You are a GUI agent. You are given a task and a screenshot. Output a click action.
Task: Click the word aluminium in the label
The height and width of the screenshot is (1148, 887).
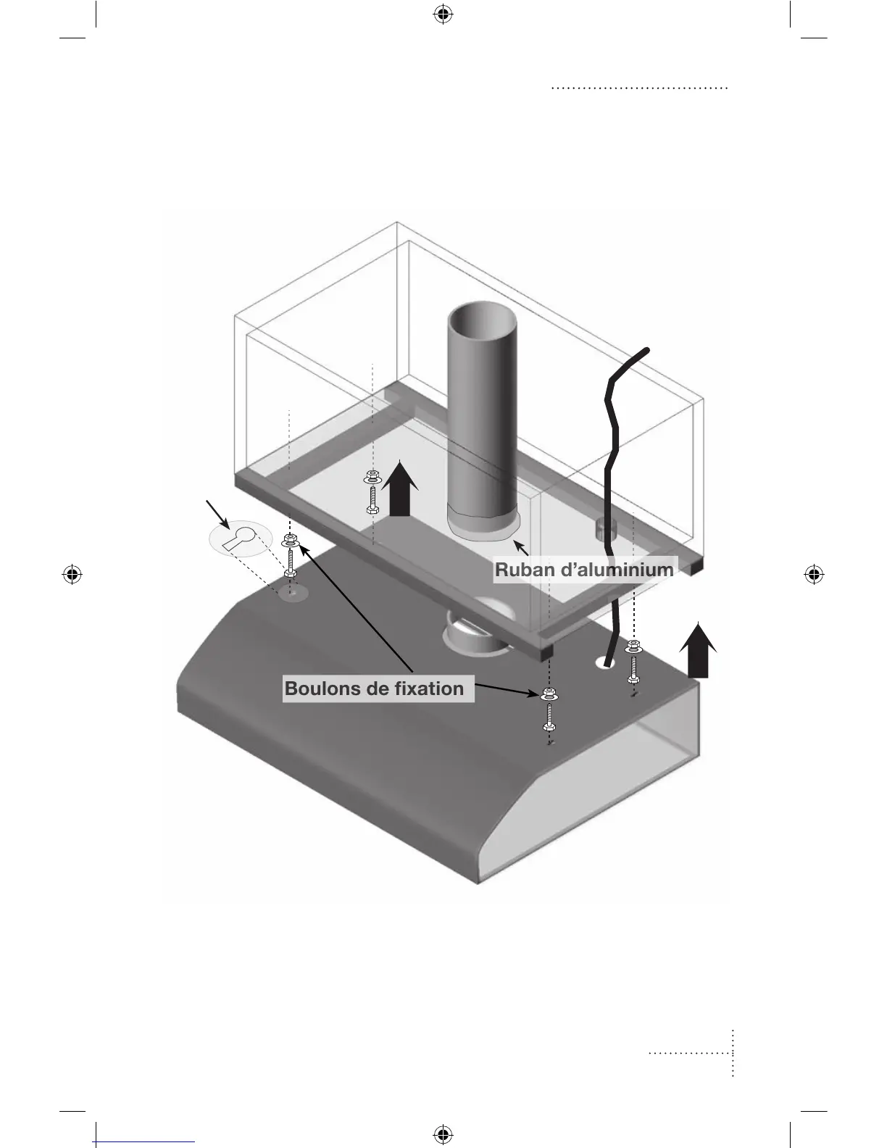click(624, 570)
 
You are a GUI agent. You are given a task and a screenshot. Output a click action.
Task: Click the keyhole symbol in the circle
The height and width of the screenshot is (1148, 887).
click(239, 538)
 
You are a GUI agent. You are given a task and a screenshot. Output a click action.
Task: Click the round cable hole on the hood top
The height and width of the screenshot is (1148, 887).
click(605, 662)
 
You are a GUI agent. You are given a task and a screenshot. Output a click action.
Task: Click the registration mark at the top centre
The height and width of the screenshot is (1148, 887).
click(443, 14)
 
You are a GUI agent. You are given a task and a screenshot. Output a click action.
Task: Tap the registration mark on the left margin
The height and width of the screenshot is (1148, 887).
click(72, 575)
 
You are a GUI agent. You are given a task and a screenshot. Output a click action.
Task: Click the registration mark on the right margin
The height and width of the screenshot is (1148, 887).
click(815, 575)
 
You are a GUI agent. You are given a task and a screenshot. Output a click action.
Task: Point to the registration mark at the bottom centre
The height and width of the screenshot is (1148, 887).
click(443, 1134)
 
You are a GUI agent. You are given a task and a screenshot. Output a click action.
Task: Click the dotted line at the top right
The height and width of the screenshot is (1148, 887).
click(639, 88)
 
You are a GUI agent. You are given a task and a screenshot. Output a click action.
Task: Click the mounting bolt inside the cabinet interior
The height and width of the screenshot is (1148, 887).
click(372, 492)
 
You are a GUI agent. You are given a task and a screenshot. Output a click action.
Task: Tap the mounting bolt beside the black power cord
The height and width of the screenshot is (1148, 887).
click(633, 661)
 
